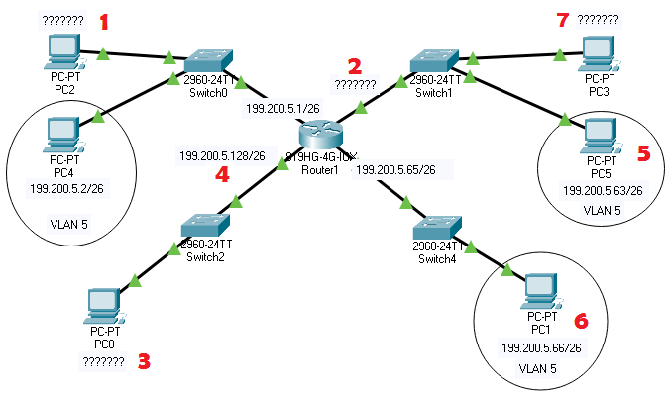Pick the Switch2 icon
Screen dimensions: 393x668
tap(207, 227)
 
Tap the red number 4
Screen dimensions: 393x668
tap(222, 175)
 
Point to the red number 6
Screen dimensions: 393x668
tap(582, 320)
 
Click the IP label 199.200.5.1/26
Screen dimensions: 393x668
tap(280, 110)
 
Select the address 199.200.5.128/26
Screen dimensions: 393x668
tap(222, 155)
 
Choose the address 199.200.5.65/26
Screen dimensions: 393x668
tap(394, 169)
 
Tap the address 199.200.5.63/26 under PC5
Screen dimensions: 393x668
tap(602, 190)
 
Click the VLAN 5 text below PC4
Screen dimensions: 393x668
tap(68, 225)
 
